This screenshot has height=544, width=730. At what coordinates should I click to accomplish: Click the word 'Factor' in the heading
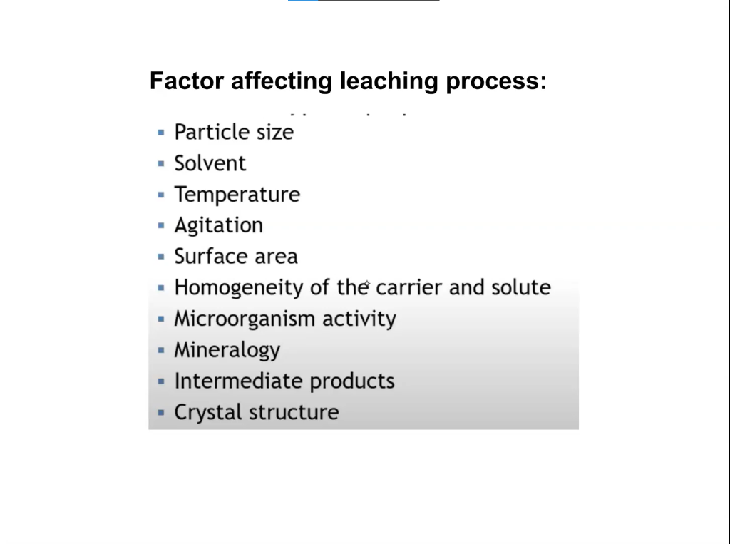tap(187, 81)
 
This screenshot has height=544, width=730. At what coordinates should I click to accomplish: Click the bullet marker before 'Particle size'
tap(161, 132)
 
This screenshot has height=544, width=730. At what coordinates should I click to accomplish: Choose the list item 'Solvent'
tap(210, 163)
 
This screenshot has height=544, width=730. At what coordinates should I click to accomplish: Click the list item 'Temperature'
tap(237, 195)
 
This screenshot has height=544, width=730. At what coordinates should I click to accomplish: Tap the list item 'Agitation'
tap(218, 225)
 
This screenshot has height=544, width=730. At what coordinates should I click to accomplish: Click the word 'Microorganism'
tap(245, 319)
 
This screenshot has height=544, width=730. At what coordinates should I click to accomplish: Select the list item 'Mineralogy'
tap(227, 350)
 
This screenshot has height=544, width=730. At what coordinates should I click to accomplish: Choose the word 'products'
tap(352, 381)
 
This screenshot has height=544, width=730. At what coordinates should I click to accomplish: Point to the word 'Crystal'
tap(204, 412)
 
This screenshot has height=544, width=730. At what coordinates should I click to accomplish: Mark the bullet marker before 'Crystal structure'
tap(161, 412)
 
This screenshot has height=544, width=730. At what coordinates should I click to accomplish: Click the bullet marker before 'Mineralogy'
tap(161, 350)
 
